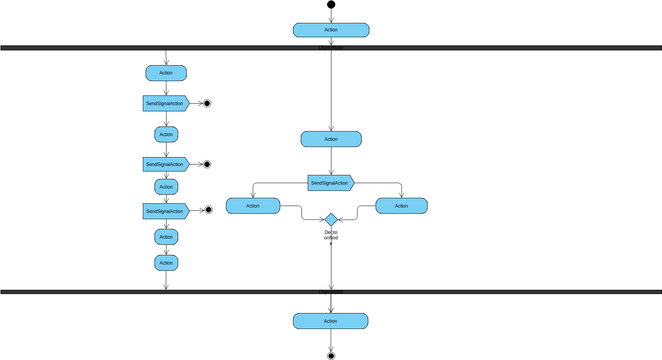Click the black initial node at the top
331,5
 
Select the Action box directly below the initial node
331,30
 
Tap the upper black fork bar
331,47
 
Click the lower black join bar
331,292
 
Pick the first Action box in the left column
166,73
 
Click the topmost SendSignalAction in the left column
165,103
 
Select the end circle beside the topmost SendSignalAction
207,103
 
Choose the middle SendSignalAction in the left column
165,164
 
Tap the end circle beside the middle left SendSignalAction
207,164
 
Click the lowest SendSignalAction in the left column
165,211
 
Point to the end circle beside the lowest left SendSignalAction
207,210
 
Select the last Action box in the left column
166,262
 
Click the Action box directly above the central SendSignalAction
331,139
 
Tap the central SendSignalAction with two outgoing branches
330,183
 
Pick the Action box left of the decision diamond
252,206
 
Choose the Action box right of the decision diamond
401,206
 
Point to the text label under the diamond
331,235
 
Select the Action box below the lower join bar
331,321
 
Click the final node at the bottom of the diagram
331,354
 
